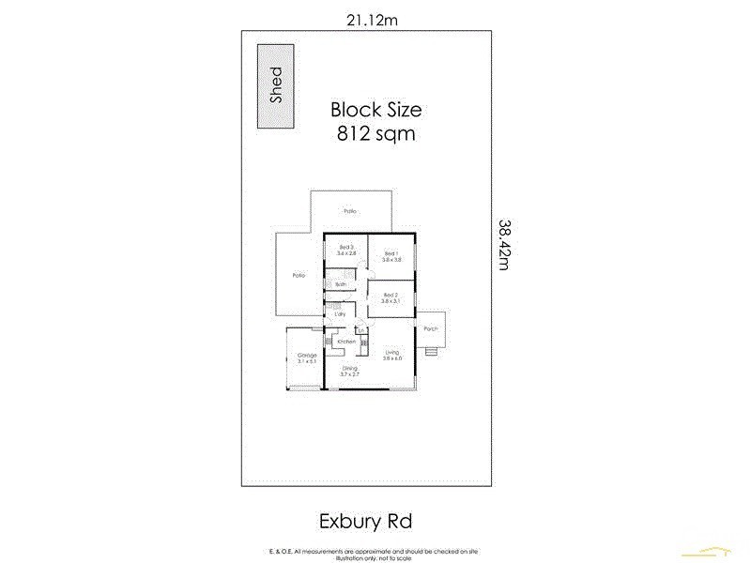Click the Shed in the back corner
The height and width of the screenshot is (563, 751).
click(x=276, y=85)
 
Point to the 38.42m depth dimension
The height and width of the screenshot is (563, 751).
click(x=504, y=245)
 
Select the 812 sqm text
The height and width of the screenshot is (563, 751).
click(x=375, y=133)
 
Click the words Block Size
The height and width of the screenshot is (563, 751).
click(x=375, y=109)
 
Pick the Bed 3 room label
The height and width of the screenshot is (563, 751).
click(x=345, y=248)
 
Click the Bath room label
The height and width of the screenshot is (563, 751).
click(x=341, y=283)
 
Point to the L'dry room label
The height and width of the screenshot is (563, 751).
click(x=341, y=313)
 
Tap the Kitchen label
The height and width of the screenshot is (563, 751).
click(x=346, y=342)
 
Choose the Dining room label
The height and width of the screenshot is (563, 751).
click(x=349, y=369)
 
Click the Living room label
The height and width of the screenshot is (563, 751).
click(x=391, y=353)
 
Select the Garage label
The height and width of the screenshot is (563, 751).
click(x=306, y=356)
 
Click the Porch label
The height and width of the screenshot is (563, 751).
click(x=431, y=328)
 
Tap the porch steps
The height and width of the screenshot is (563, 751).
click(x=431, y=352)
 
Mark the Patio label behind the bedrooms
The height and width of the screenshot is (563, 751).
click(x=349, y=211)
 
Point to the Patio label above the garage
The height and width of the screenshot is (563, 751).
click(x=299, y=275)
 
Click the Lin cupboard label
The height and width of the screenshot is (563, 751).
click(x=360, y=330)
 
